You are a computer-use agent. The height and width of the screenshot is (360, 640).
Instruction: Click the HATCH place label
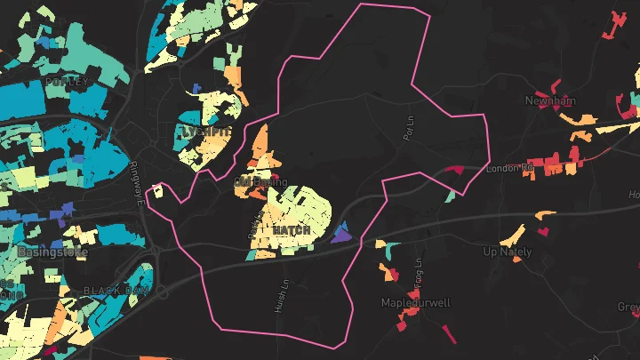click(292, 230)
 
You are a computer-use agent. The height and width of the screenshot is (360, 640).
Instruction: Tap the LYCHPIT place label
click(205, 132)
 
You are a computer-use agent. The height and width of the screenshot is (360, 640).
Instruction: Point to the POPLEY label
click(68, 82)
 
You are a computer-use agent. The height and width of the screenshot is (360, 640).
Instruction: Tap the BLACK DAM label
click(118, 291)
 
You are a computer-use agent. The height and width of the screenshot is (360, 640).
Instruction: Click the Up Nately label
click(507, 252)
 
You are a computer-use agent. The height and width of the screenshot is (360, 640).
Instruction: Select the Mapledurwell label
click(416, 302)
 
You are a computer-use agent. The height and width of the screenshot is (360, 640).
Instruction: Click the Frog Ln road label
click(416, 266)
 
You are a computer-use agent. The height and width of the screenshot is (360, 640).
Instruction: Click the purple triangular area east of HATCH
click(341, 236)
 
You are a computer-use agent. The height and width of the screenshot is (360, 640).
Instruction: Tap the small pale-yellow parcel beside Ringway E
click(157, 189)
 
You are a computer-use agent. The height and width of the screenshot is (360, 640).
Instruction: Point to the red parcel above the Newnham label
click(556, 86)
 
